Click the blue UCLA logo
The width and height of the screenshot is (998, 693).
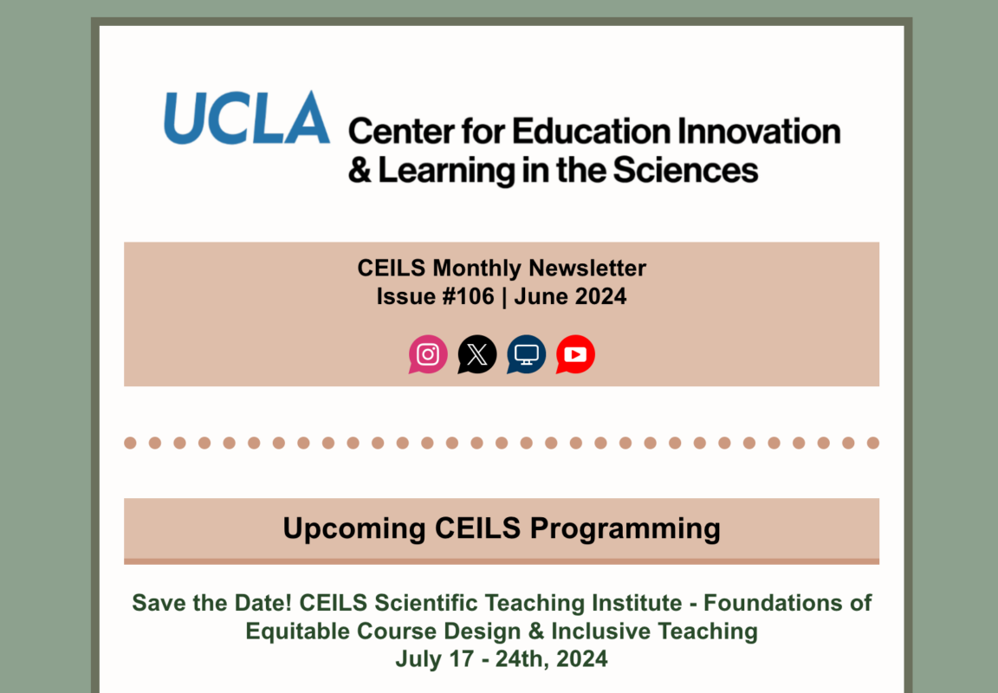pos(247,118)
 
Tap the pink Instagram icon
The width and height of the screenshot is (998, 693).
pos(428,354)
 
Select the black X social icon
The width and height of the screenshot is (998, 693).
pos(476,354)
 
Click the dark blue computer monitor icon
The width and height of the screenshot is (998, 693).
pos(527,354)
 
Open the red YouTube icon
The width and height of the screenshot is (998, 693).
pos(575,354)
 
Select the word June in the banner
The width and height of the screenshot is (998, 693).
pos(541,296)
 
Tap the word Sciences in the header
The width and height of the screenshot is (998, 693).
pos(685,171)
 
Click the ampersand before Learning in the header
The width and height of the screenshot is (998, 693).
pos(360,171)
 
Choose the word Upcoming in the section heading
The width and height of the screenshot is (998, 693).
pos(354,529)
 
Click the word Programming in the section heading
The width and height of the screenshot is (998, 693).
pos(625,529)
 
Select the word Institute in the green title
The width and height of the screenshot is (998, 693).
pos(642,603)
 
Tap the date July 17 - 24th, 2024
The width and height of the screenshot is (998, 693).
pos(502,659)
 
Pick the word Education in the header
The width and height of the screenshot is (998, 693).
pos(592,132)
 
